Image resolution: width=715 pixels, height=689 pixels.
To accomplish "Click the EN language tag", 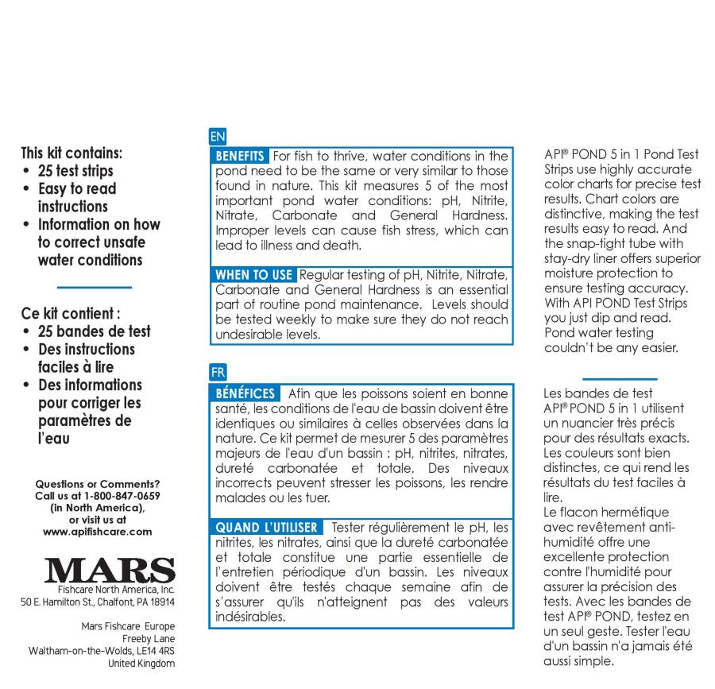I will point(218,137).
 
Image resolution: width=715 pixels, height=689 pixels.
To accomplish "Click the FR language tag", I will point(218,371).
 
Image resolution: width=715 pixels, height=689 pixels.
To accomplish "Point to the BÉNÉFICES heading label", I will point(246,393).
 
